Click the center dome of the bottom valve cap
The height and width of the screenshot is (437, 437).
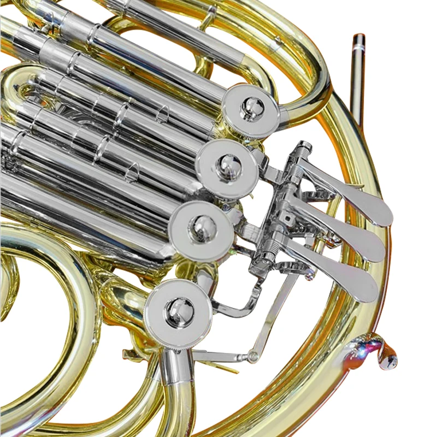click(179, 312)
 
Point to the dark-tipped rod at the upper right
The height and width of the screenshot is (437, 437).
click(358, 76)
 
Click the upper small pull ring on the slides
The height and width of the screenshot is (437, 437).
click(163, 114)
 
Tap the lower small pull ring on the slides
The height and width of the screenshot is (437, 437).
click(132, 174)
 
